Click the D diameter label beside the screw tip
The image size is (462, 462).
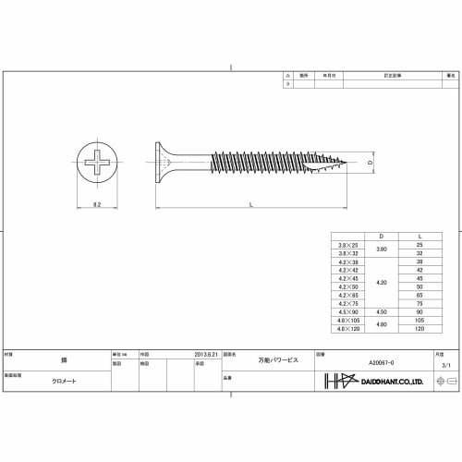[x=370, y=164]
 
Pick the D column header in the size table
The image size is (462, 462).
[x=370, y=236]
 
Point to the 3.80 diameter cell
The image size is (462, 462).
[x=370, y=248]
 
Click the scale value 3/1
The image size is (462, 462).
[x=446, y=366]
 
